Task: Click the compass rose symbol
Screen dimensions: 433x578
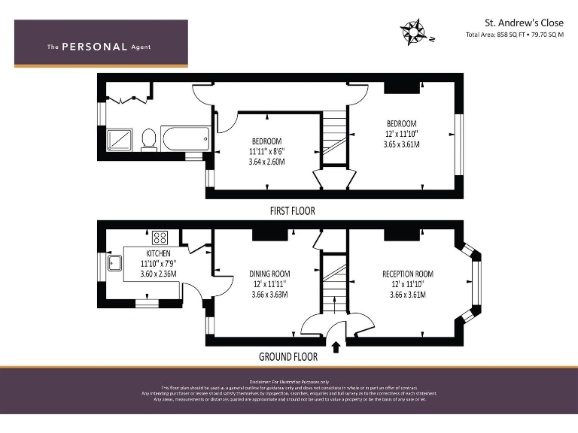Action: pos(412,32)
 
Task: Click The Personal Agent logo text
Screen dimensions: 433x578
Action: pos(99,47)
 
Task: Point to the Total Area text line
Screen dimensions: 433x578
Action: pos(515,35)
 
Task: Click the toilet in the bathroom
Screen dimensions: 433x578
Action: pos(149,139)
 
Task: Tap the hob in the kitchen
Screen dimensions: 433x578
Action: pos(160,238)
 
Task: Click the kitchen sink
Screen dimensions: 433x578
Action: pos(116,263)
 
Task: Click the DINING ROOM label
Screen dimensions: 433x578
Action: pos(270,274)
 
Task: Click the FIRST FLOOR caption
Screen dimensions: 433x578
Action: pos(292,211)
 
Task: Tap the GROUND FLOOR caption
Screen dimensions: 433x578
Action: pos(287,357)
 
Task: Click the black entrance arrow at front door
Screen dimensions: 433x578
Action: pos(336,347)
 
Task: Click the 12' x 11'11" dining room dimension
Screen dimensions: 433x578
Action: pos(270,284)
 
